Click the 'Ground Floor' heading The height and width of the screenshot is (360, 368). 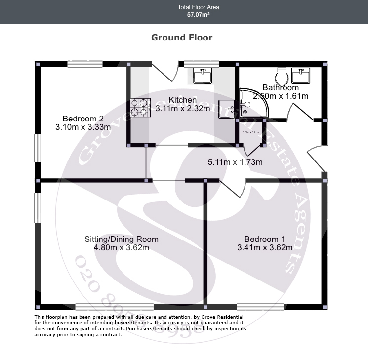tap(182, 38)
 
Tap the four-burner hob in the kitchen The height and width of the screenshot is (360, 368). tap(140, 108)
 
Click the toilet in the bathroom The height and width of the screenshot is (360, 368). tap(283, 76)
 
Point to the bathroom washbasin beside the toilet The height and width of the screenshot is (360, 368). tap(301, 76)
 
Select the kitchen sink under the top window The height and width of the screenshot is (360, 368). tap(202, 76)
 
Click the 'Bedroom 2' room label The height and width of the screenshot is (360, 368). tap(83, 119)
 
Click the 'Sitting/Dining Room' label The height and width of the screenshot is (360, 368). tap(122, 239)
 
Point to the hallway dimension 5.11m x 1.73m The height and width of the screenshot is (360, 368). tap(235, 162)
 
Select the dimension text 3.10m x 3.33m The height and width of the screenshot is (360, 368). tap(83, 127)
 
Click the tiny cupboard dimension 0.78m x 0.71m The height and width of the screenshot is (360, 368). tap(250, 132)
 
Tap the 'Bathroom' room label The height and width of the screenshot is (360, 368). tap(281, 87)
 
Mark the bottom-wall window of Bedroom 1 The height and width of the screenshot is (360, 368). tap(260, 307)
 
